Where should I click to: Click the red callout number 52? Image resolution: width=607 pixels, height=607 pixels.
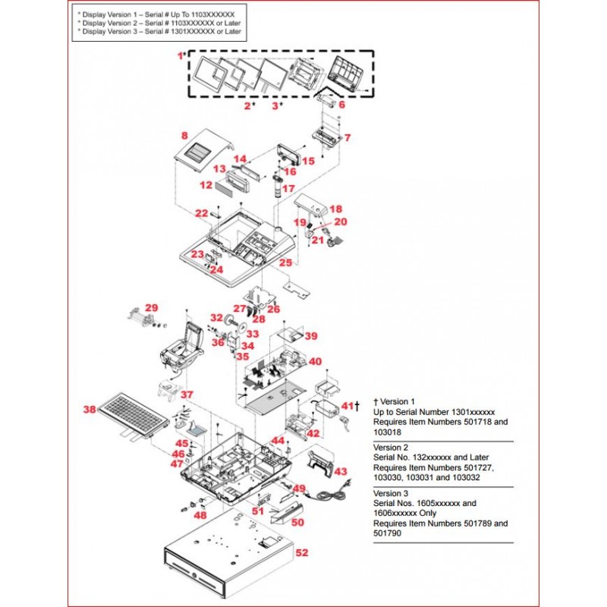point(302,553)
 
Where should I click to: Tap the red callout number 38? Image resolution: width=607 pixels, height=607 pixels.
point(90,410)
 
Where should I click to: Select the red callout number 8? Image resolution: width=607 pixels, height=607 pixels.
point(184,136)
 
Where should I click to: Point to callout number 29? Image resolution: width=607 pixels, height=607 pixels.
point(152,307)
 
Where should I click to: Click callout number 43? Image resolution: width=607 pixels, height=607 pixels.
point(341,470)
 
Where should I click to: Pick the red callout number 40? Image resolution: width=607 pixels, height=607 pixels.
point(315,362)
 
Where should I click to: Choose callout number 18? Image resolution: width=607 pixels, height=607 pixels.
point(335,209)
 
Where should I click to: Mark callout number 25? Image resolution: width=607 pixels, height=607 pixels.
point(285,263)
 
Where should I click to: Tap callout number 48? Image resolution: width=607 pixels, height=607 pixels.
point(200,515)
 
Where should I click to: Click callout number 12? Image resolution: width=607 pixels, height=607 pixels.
point(206,185)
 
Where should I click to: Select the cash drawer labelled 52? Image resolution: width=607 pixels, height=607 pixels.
point(228,558)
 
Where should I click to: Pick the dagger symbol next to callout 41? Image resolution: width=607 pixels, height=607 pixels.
point(357,407)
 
